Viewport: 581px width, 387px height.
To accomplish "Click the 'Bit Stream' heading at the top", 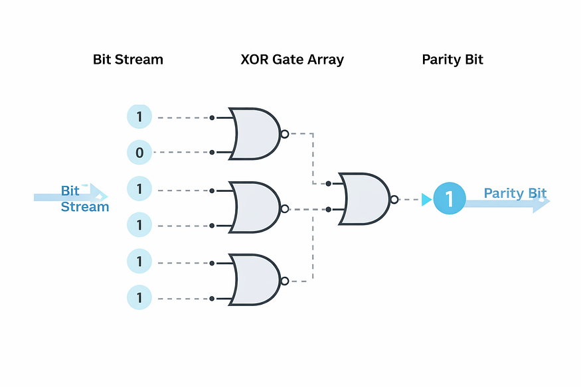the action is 128,59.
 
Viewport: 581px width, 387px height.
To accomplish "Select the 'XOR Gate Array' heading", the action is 292,60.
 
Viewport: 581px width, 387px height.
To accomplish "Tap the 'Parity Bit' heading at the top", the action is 452,60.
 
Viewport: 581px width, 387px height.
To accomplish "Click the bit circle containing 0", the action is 139,152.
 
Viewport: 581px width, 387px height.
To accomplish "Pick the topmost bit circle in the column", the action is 139,117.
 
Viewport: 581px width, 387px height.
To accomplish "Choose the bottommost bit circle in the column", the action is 139,297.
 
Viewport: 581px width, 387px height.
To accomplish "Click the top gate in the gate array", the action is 255,133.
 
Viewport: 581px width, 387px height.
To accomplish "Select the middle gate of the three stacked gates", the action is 255,207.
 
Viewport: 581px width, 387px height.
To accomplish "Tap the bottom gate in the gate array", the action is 255,279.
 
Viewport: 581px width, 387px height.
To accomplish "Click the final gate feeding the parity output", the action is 365,199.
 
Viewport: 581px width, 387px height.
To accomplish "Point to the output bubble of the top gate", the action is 285,134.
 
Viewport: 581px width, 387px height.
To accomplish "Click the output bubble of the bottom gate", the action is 285,281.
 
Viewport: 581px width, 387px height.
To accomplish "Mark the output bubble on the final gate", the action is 394,200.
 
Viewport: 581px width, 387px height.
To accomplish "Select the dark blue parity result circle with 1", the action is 450,198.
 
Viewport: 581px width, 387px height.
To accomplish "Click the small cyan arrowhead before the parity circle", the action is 426,199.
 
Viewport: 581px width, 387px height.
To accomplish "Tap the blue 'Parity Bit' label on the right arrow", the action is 515,193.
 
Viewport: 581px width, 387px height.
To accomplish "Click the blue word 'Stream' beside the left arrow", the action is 85,206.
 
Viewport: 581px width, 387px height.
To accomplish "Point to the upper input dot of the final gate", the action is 328,183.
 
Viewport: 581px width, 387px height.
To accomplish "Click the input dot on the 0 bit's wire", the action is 212,152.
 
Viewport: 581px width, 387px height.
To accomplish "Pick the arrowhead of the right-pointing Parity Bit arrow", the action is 541,201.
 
